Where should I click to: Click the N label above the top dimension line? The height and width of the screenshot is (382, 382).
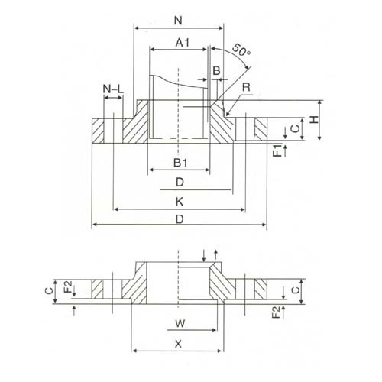[178, 21]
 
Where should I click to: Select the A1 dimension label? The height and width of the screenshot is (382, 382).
[183, 43]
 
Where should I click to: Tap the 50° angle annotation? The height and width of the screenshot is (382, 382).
[241, 50]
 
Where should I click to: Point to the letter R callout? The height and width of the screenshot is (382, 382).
[246, 87]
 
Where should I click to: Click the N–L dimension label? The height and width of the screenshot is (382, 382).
[113, 89]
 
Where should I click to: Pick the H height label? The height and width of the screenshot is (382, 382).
[315, 119]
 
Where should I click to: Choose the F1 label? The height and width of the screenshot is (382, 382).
[278, 151]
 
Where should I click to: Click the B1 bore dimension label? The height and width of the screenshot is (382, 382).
[180, 163]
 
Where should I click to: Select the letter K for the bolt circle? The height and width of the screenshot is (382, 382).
[180, 202]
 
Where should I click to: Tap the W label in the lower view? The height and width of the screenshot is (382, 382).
[180, 324]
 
